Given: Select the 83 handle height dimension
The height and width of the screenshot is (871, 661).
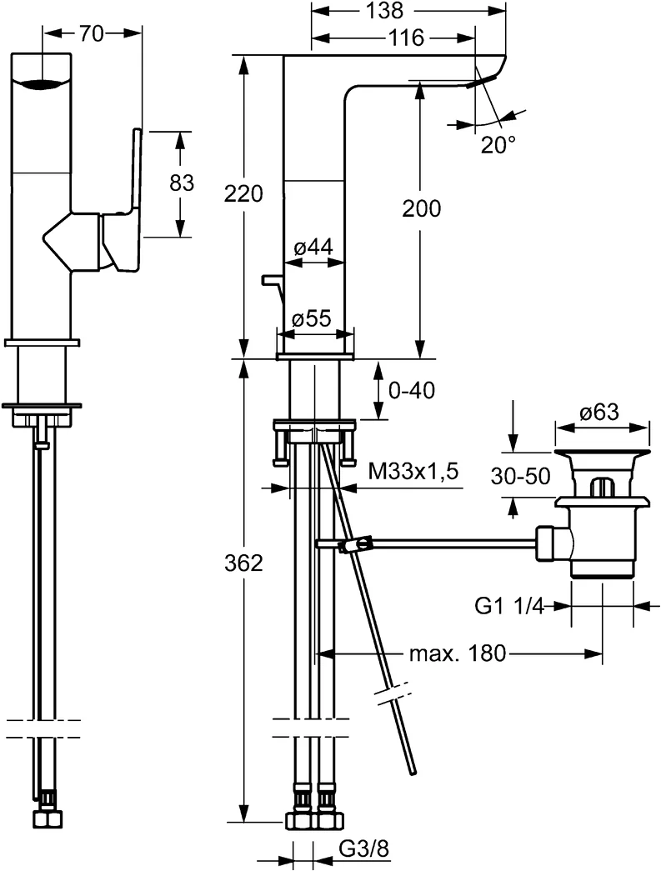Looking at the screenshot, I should click(182, 183).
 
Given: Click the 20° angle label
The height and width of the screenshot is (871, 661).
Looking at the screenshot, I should click(498, 144).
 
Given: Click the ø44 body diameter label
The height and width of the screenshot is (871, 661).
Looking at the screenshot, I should click(313, 247).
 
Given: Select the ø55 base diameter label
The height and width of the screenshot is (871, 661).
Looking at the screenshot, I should click(313, 318).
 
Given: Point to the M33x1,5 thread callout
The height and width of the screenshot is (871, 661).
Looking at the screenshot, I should click(413, 473).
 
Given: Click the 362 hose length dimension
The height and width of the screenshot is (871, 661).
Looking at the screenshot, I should click(243, 563).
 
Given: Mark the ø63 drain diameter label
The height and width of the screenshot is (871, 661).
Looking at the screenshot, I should click(602, 412).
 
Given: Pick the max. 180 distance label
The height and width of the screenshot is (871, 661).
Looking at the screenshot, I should click(457, 653).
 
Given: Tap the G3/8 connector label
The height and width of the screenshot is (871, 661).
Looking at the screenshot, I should click(365, 849).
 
